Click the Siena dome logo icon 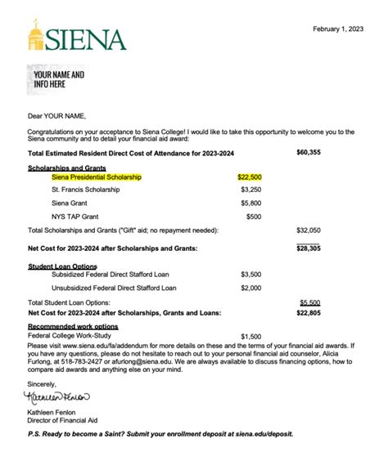coord(38,35)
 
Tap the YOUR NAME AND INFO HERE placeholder coord(59,79)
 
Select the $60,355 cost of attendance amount coord(309,152)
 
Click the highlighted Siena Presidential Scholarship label coord(97,177)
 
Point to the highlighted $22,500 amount coord(249,177)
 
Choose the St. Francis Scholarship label coord(85,190)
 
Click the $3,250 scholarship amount coord(250,190)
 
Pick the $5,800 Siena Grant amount coord(250,203)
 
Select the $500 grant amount coord(254,217)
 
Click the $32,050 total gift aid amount coord(309,230)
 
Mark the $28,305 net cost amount coord(309,247)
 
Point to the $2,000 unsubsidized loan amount coord(250,288)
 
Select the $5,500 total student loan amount coord(310,302)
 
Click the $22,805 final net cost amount coord(309,312)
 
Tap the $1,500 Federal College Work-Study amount coord(250,336)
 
